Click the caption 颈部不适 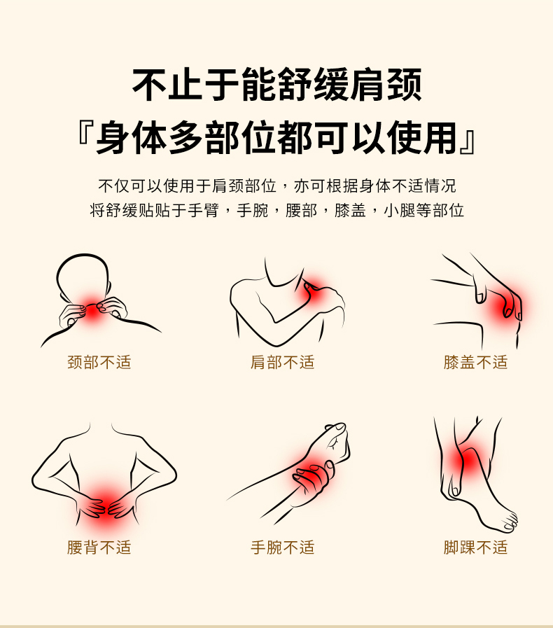pyautogui.click(x=99, y=363)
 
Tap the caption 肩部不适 pyautogui.click(x=283, y=363)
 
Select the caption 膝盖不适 pyautogui.click(x=476, y=363)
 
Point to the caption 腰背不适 pyautogui.click(x=99, y=547)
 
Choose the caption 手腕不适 pyautogui.click(x=283, y=547)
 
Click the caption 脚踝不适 pyautogui.click(x=476, y=547)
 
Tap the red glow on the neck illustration pyautogui.click(x=92, y=310)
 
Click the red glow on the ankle pyautogui.click(x=465, y=461)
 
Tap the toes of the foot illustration pyautogui.click(x=510, y=522)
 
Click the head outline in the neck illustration pyautogui.click(x=82, y=256)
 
